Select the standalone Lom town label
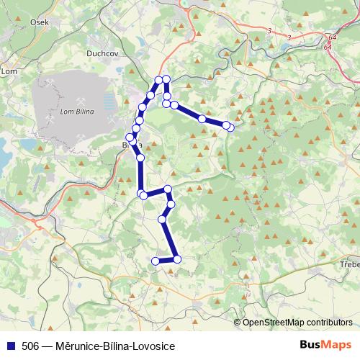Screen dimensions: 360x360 [x=9, y=71]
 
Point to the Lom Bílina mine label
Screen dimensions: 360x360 [x=73, y=111]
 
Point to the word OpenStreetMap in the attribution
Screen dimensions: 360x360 [x=274, y=322]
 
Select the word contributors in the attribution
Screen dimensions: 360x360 [x=328, y=322]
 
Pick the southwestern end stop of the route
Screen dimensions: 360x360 [x=155, y=260]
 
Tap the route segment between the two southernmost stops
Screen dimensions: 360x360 [x=166, y=260]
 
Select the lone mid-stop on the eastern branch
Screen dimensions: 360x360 [x=202, y=118]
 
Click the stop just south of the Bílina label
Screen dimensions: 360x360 [x=140, y=157]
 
